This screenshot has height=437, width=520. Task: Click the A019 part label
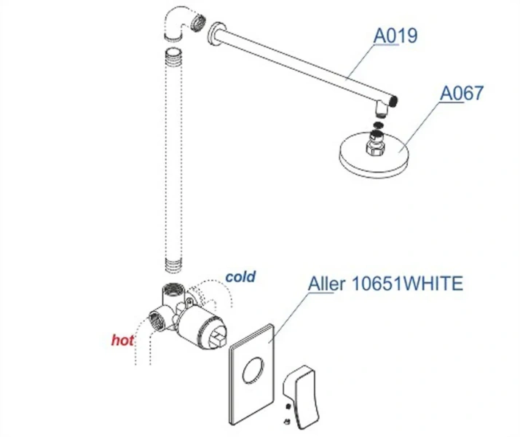395,36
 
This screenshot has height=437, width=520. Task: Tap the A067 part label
462,93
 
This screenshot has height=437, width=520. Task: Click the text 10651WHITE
407,283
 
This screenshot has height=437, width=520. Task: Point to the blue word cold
240,277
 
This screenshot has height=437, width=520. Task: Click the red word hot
122,340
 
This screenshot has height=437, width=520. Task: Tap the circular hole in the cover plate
253,370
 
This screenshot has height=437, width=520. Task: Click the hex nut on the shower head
375,146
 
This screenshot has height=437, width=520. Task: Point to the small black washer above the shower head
377,125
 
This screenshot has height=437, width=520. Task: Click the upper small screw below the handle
288,406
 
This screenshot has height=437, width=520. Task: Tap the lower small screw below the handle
287,422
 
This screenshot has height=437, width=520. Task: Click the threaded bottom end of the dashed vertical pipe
173,266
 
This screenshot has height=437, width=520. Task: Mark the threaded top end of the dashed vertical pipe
173,55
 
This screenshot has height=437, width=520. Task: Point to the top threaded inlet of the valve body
171,288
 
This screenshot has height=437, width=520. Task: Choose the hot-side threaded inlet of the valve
155,320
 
